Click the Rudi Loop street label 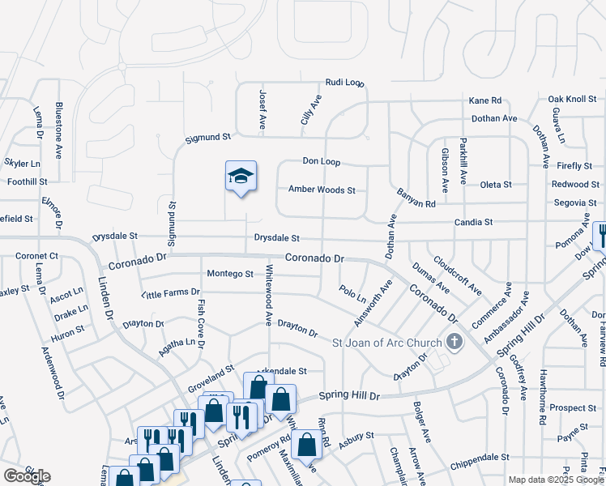[x=345, y=83]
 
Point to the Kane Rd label [x=485, y=100]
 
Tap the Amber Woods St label [x=322, y=190]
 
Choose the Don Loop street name [x=321, y=162]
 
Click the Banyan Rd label [x=416, y=197]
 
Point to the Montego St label [x=230, y=274]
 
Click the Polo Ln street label [x=353, y=292]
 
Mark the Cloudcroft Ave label [x=458, y=276]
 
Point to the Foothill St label [x=28, y=182]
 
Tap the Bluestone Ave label [x=58, y=130]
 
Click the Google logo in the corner [x=26, y=476]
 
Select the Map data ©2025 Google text [x=556, y=480]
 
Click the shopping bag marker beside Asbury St [x=307, y=444]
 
